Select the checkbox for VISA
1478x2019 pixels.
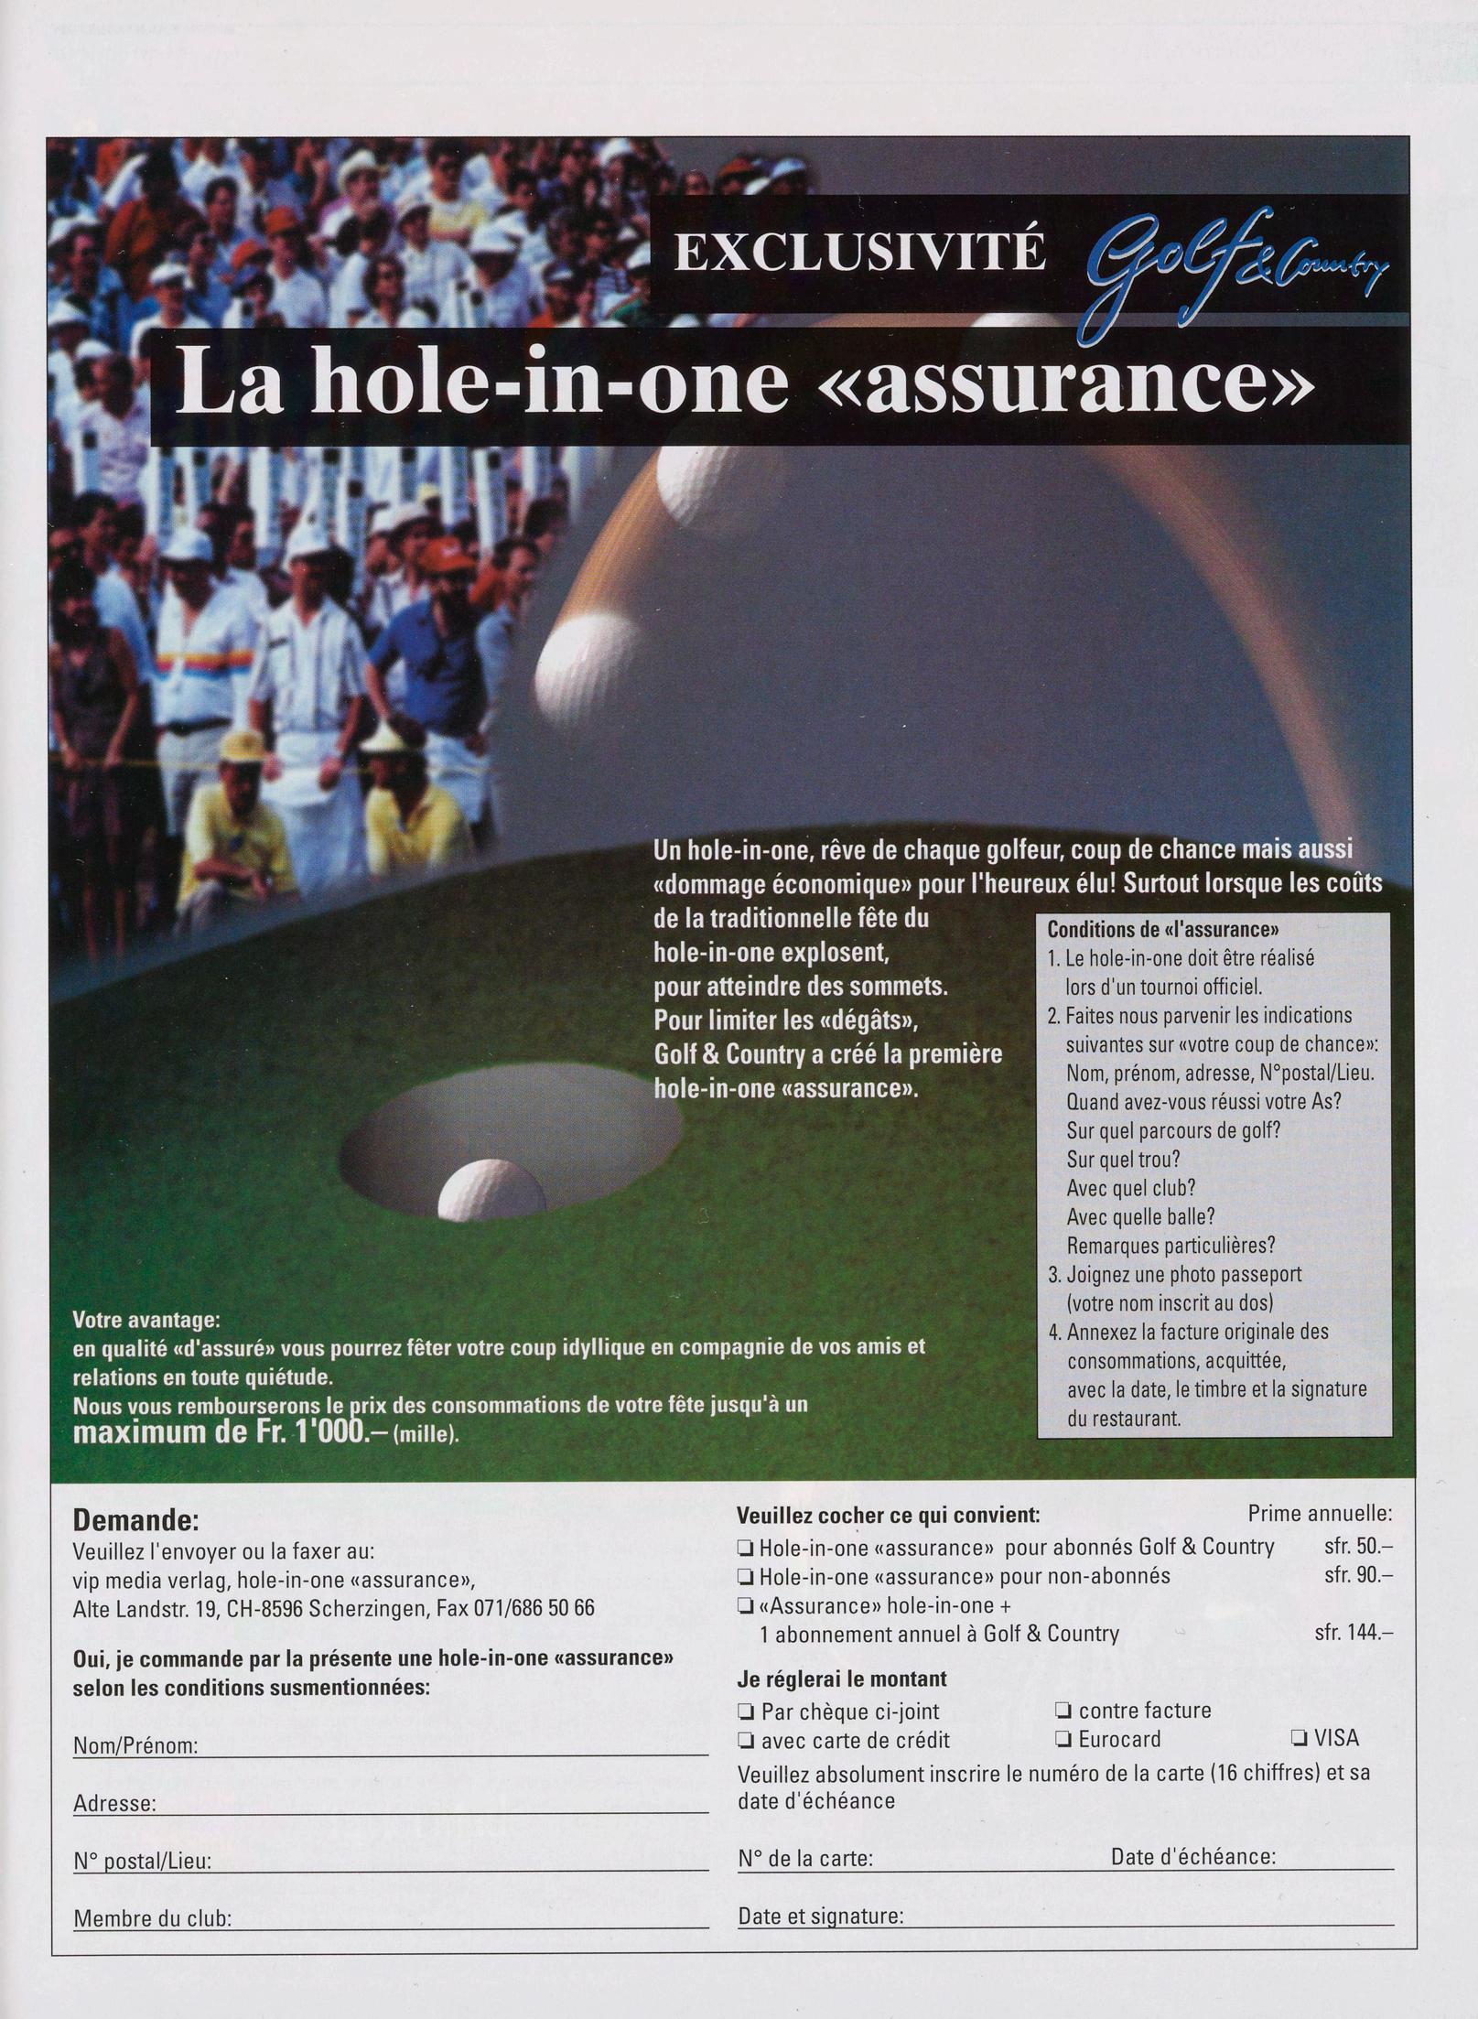tap(1298, 1738)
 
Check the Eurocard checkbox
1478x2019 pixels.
tap(1063, 1739)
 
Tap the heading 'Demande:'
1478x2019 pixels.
tap(135, 1521)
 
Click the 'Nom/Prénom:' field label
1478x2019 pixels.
tap(135, 1745)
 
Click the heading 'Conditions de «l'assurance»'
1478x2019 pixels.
tap(1162, 930)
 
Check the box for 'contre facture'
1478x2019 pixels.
tap(1063, 1710)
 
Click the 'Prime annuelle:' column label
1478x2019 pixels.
tap(1320, 1514)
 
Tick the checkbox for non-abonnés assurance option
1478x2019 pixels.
tap(746, 1576)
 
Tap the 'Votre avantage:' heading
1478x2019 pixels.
tap(146, 1322)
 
